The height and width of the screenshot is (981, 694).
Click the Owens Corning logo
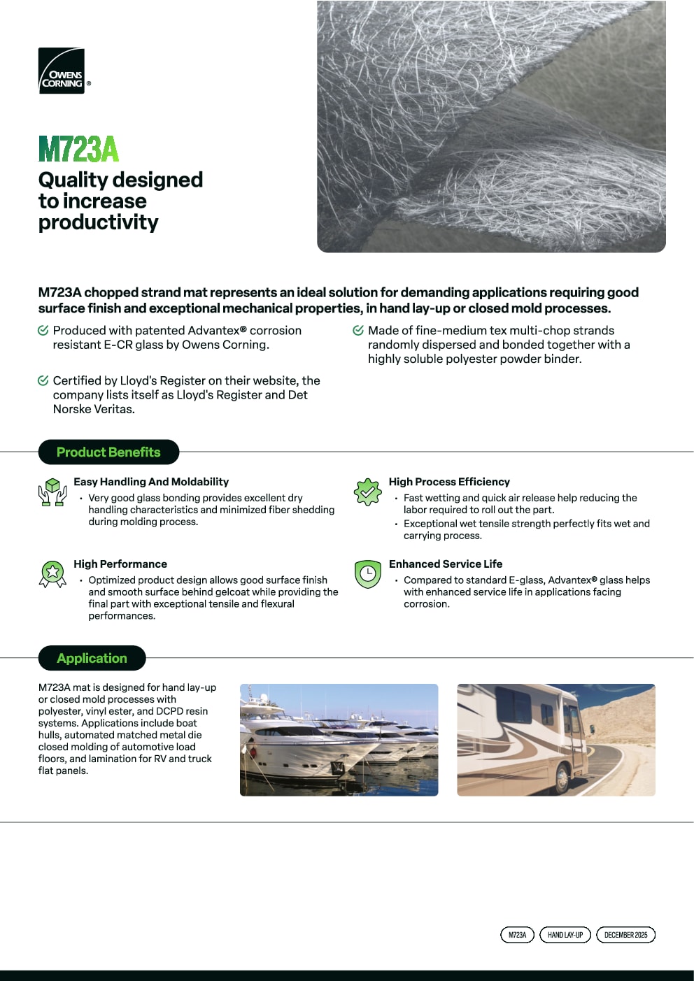(x=62, y=71)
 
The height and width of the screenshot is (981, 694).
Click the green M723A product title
(x=78, y=149)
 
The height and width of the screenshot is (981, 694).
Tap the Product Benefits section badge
(x=108, y=452)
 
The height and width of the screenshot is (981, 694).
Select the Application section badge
(x=92, y=658)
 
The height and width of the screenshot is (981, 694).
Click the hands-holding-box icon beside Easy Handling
(x=52, y=492)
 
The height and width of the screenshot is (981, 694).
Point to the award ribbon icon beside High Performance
(x=52, y=573)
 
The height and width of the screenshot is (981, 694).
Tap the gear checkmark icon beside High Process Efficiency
(x=367, y=492)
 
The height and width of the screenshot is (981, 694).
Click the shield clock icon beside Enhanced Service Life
(x=367, y=574)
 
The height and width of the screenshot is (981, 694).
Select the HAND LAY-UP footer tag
(x=565, y=935)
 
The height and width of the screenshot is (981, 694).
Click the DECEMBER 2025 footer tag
(x=625, y=935)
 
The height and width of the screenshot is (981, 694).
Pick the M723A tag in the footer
(x=517, y=935)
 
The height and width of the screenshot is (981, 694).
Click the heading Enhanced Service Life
(x=446, y=564)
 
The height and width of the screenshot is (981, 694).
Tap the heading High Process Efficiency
(x=449, y=482)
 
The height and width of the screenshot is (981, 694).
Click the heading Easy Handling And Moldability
(x=151, y=482)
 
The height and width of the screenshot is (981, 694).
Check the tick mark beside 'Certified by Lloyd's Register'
(x=43, y=380)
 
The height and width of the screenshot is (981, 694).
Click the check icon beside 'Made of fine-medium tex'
(x=358, y=330)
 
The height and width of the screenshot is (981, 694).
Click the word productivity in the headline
(x=99, y=222)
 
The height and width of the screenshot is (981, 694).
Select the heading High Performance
(x=120, y=564)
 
